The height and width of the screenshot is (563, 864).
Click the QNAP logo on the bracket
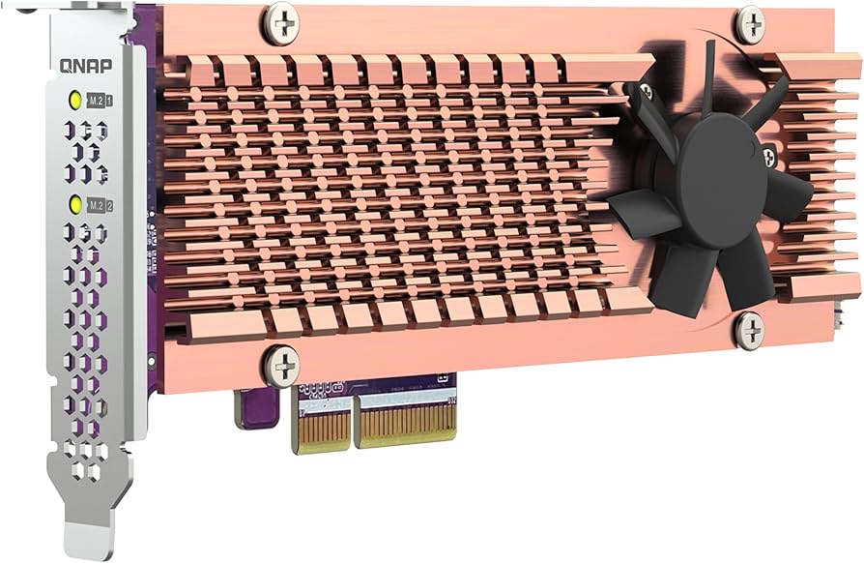(85, 67)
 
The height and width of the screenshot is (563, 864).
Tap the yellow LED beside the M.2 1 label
(73, 100)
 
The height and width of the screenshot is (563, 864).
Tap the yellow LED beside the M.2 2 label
(73, 204)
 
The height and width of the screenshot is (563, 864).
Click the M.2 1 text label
(101, 101)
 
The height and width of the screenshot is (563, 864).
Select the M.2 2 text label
(101, 205)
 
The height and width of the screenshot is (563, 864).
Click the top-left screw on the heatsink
(281, 21)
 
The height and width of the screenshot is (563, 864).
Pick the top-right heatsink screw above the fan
(751, 23)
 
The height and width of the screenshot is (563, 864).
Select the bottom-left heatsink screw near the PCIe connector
(281, 365)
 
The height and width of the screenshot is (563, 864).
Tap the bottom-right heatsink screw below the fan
(749, 330)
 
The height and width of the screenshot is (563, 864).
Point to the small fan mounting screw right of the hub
(768, 155)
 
